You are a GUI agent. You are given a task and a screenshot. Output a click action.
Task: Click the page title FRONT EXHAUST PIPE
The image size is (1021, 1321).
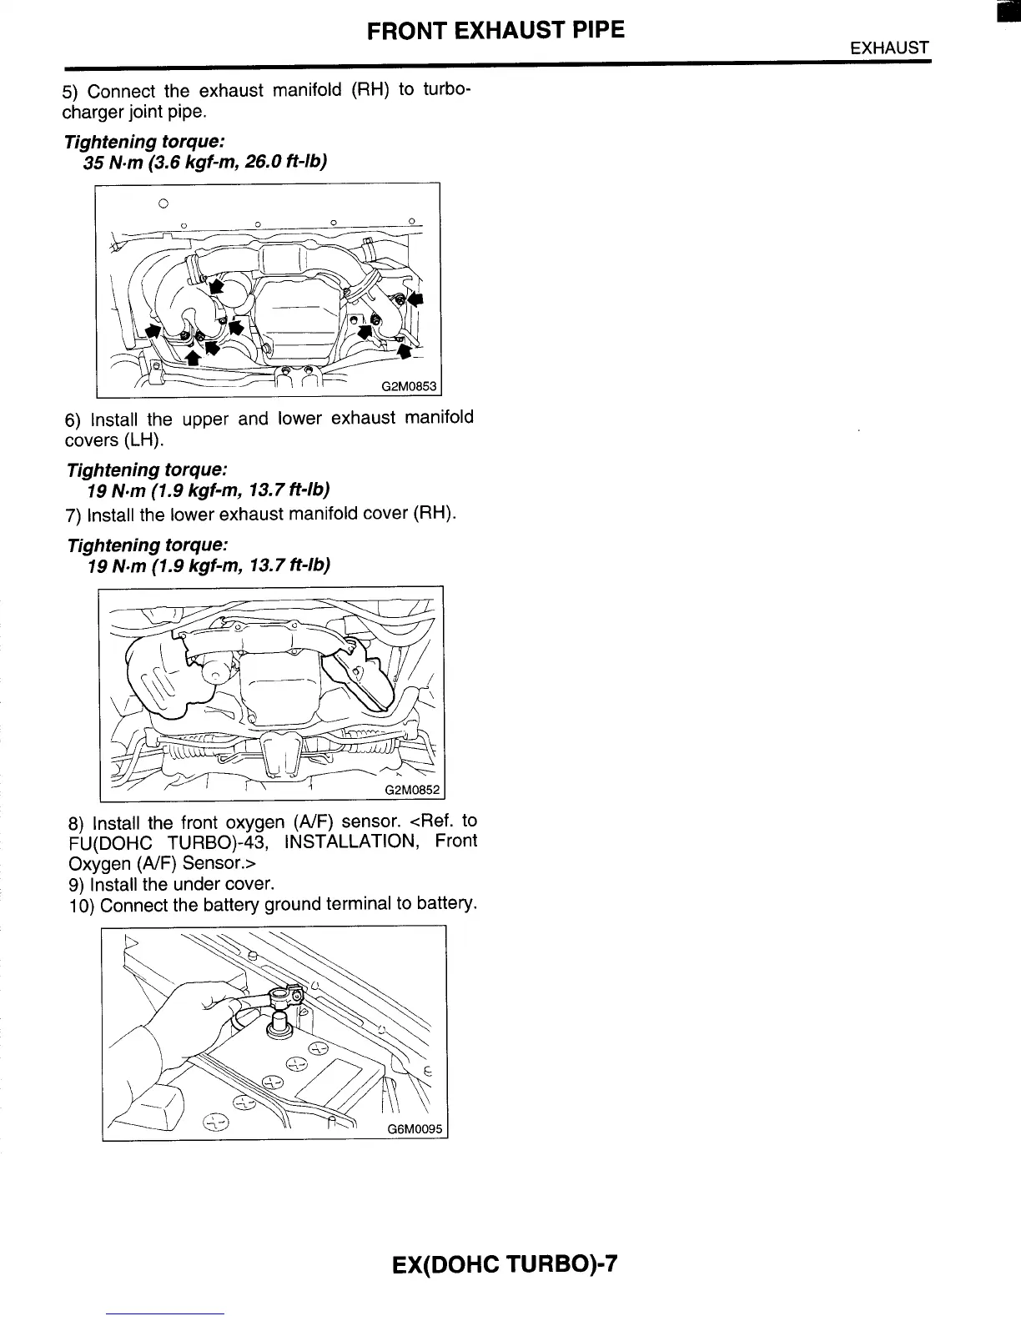(x=495, y=31)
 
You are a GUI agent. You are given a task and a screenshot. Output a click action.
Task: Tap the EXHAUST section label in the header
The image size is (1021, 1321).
(x=889, y=48)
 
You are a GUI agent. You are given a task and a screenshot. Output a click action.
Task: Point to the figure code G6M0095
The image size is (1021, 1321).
(x=415, y=1130)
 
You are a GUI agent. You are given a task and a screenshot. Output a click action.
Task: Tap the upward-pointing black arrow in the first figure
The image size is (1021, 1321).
(x=193, y=358)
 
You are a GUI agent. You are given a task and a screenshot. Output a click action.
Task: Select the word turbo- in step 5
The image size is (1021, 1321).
(x=448, y=89)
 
